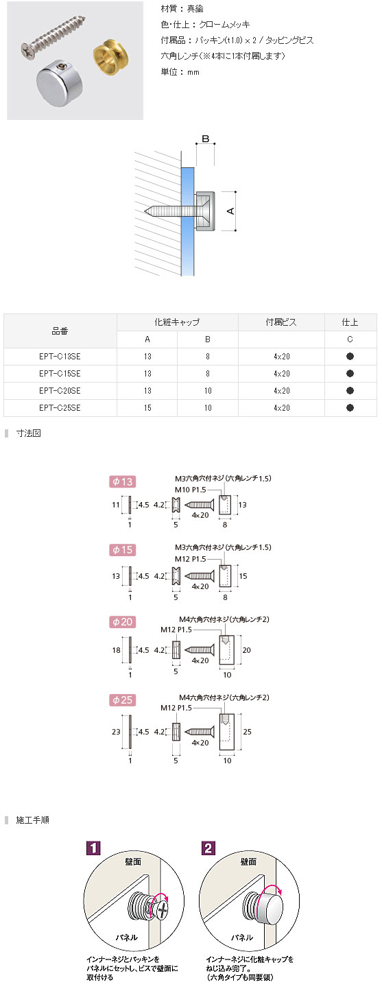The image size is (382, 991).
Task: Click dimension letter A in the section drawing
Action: (x=230, y=211)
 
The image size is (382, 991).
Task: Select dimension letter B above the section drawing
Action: (x=205, y=139)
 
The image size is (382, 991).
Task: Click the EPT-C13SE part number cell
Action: (x=60, y=357)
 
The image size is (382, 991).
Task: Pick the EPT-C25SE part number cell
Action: (x=60, y=408)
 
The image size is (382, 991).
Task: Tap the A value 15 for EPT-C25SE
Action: (x=147, y=408)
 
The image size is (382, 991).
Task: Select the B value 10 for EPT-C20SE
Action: (x=208, y=391)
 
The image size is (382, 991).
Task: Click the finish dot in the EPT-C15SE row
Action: (x=350, y=373)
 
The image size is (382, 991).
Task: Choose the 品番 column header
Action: (x=60, y=331)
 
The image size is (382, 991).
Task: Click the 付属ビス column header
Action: (x=281, y=322)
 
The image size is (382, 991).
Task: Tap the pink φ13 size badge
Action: (x=122, y=481)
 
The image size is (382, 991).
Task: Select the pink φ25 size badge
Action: (x=122, y=700)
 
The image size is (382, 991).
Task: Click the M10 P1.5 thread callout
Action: (x=191, y=490)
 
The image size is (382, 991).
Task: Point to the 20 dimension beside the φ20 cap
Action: (x=247, y=650)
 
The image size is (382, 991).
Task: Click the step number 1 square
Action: (x=93, y=848)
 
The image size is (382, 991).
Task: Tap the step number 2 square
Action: (x=208, y=848)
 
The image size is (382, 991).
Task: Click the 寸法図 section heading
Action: (x=29, y=433)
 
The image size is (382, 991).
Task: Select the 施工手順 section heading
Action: (x=32, y=820)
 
